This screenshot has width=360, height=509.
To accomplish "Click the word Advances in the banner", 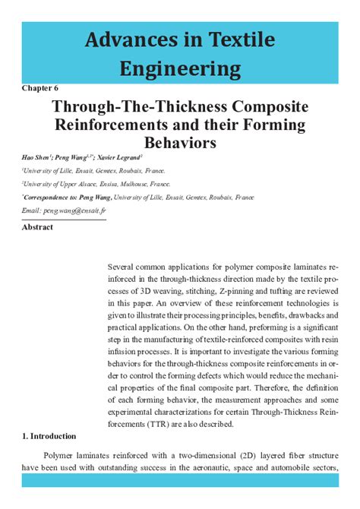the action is [x=121, y=40].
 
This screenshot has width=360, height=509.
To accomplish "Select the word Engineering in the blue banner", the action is [x=180, y=71].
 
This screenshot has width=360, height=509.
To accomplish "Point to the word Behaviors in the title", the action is [x=180, y=142].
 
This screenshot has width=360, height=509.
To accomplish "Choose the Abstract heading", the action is [x=37, y=227].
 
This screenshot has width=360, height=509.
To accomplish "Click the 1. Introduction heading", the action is [x=49, y=436].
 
